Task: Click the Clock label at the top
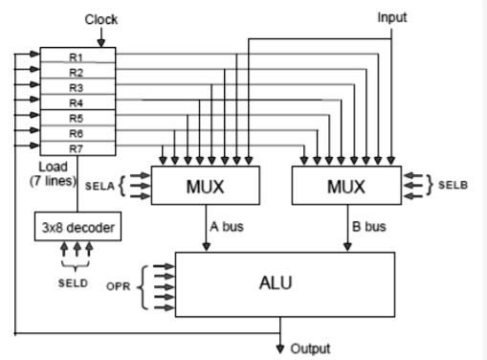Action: pyautogui.click(x=101, y=19)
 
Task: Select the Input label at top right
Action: pyautogui.click(x=392, y=18)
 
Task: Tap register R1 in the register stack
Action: pyautogui.click(x=76, y=57)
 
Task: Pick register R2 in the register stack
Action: pyautogui.click(x=76, y=73)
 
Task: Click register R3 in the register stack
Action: pyautogui.click(x=76, y=87)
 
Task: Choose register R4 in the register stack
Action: pyautogui.click(x=76, y=102)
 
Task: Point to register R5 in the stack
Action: pyautogui.click(x=76, y=118)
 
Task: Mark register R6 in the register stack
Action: pyautogui.click(x=76, y=133)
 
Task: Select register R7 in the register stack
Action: pyautogui.click(x=76, y=148)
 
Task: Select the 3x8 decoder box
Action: pyautogui.click(x=76, y=228)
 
